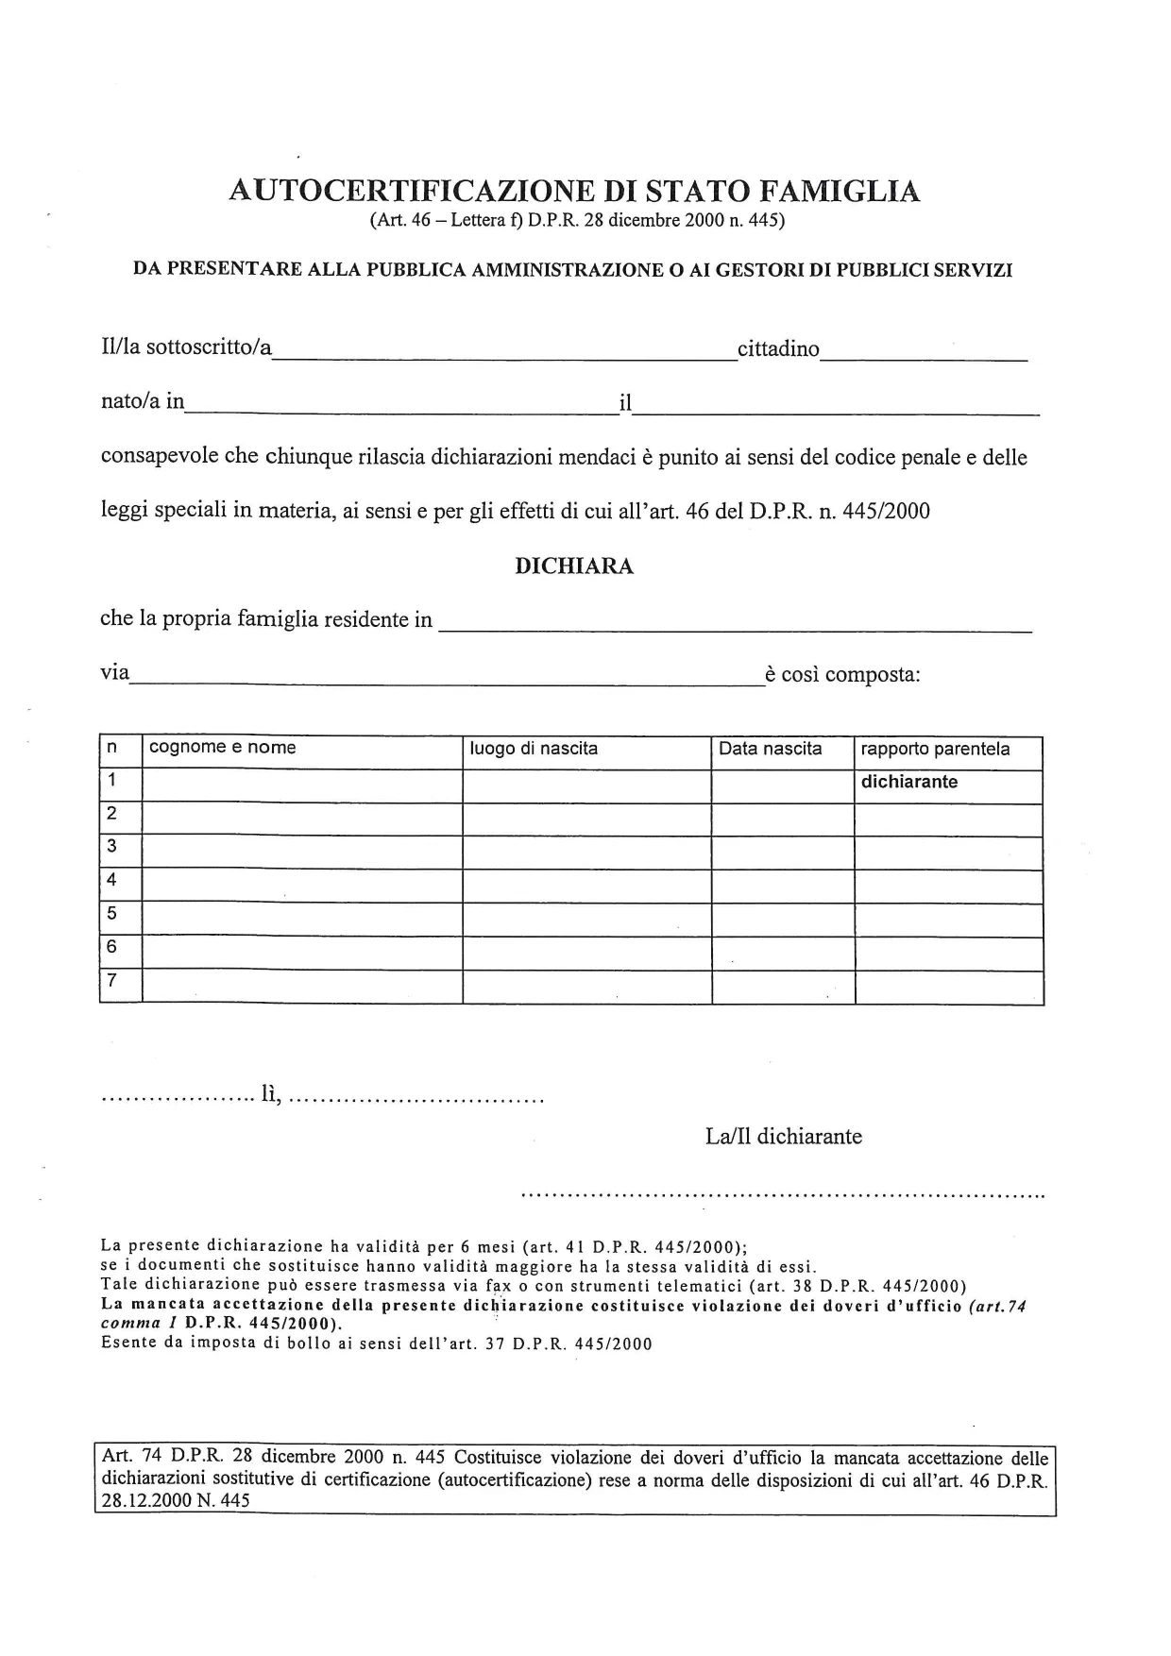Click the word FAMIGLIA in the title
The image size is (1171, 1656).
[x=839, y=192]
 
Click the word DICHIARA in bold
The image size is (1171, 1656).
[x=574, y=566]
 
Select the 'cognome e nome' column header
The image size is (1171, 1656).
[x=223, y=749]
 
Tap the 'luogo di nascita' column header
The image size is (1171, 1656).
[x=535, y=749]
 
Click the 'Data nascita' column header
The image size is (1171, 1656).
[x=771, y=749]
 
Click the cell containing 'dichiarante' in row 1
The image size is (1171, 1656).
[x=909, y=782]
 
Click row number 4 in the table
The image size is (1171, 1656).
[x=112, y=880]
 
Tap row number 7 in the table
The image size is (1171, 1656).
[x=112, y=981]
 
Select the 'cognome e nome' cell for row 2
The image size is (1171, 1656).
[x=302, y=820]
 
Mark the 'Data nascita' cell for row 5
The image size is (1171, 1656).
[x=783, y=921]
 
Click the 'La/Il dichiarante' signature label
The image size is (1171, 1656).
[x=784, y=1136]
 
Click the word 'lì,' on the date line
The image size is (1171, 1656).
[x=272, y=1098]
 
